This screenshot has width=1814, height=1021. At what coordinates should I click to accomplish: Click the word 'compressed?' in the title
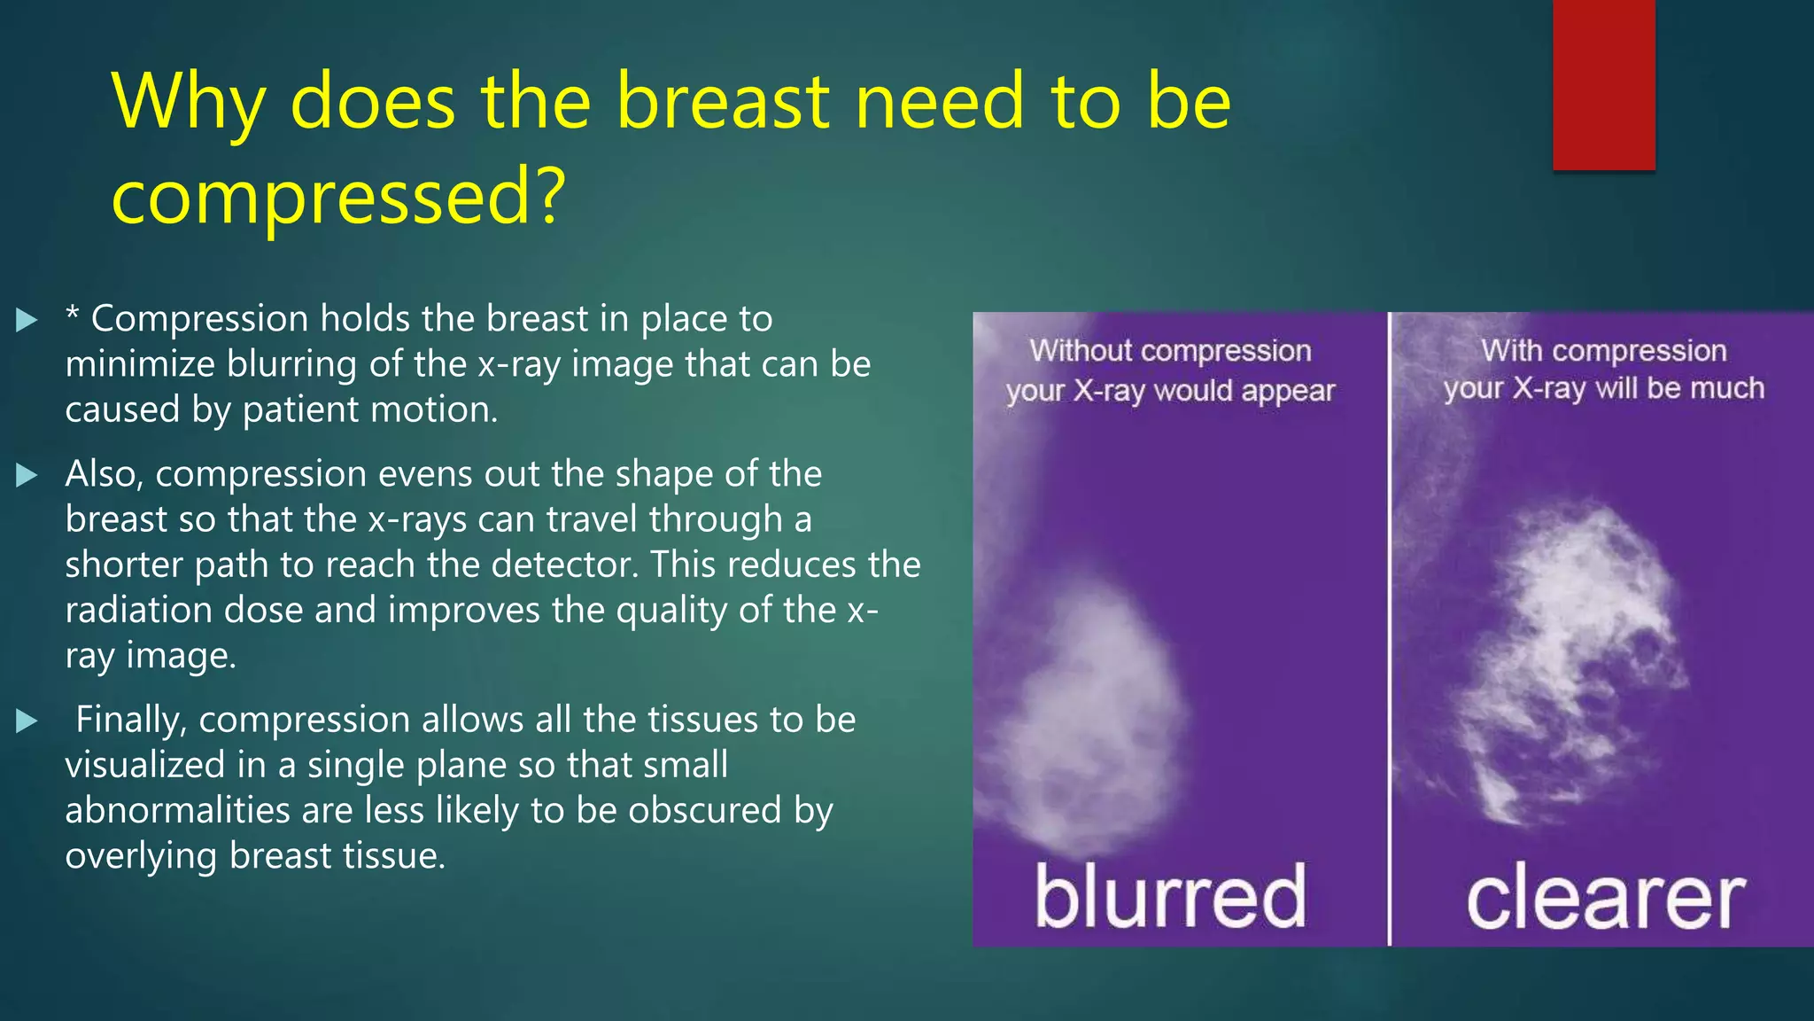[337, 197]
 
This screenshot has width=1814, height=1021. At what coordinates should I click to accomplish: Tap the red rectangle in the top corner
[1603, 84]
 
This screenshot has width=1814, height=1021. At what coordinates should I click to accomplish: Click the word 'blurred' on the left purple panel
[1170, 897]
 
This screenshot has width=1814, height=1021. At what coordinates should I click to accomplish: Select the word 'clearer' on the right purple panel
[1605, 900]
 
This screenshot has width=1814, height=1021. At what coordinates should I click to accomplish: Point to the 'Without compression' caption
[1170, 351]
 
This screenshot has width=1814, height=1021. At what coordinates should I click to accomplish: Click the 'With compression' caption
[1603, 351]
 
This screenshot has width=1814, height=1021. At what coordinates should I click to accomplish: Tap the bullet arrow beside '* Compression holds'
[27, 320]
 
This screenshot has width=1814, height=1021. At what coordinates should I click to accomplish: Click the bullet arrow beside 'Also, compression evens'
[27, 476]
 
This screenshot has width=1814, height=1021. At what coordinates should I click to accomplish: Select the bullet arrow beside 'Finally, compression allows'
[27, 721]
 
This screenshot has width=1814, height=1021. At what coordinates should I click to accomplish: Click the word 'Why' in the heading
[189, 103]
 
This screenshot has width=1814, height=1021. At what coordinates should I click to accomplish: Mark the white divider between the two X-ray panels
[1389, 629]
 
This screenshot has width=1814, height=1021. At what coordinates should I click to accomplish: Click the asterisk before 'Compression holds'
[73, 315]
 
